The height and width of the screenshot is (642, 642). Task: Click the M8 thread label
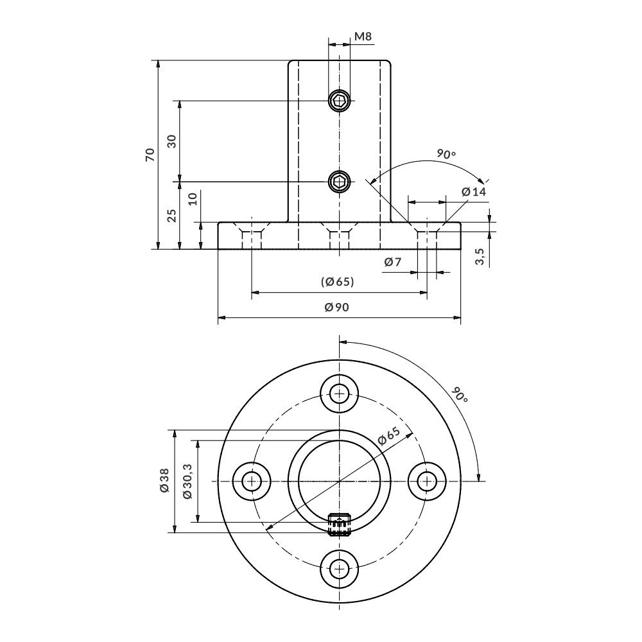(363, 37)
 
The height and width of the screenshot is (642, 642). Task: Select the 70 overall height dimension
(150, 154)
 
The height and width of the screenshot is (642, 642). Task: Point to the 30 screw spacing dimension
(171, 141)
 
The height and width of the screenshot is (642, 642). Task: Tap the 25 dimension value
(171, 216)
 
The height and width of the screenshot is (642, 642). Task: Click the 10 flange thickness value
(193, 199)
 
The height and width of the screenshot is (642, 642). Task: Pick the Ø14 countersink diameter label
(474, 192)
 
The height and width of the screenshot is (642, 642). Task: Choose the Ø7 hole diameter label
(392, 262)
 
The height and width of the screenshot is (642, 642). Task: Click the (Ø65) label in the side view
(338, 282)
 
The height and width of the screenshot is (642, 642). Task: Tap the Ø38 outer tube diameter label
(164, 481)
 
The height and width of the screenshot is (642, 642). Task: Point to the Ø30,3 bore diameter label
(187, 481)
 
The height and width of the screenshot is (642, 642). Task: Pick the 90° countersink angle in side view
(446, 154)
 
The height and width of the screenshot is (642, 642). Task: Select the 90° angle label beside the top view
(460, 395)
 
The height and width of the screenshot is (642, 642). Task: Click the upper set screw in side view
(340, 100)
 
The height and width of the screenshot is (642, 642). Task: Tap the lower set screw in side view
(340, 182)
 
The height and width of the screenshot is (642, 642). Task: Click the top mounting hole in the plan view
(340, 392)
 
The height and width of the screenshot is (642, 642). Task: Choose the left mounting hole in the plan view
(251, 481)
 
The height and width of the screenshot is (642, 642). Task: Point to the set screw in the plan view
(340, 525)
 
